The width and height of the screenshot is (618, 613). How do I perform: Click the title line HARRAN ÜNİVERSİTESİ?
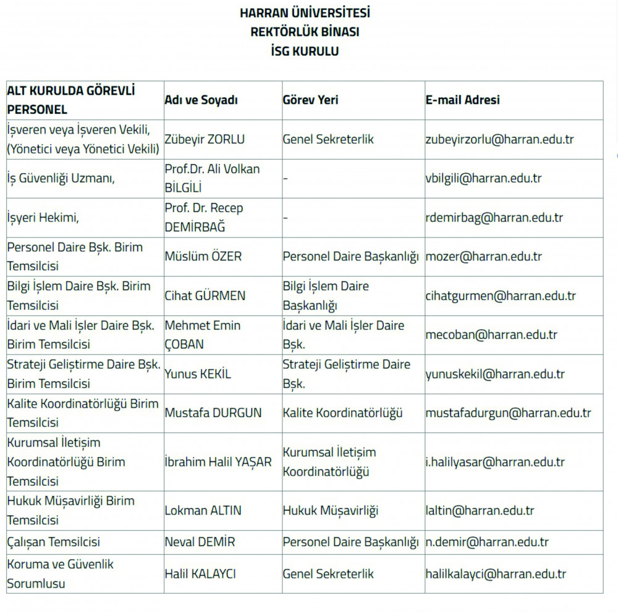(305, 13)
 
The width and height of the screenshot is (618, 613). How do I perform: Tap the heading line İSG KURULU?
(305, 52)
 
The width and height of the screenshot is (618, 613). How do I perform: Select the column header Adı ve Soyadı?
(201, 100)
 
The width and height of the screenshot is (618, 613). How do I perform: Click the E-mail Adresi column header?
(462, 100)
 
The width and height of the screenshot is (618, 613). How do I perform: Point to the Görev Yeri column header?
(310, 100)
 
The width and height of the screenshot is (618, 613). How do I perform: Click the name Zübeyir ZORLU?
(205, 140)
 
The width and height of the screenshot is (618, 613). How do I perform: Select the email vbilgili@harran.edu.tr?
(483, 179)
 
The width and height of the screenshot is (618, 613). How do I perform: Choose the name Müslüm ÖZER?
(203, 257)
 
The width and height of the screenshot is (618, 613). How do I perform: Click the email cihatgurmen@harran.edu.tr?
(501, 296)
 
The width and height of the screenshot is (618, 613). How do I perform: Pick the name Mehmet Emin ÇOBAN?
(202, 335)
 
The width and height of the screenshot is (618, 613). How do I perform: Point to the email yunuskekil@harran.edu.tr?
(494, 374)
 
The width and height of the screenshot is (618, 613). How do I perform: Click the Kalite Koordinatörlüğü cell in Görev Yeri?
(342, 413)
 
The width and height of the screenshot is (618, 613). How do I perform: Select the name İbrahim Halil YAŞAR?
(218, 462)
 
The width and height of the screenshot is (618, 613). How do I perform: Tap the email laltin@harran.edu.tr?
(480, 511)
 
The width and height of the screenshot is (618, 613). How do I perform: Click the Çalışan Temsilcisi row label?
(53, 542)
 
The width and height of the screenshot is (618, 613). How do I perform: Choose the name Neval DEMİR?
(200, 542)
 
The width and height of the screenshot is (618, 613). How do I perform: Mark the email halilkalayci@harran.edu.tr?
(496, 574)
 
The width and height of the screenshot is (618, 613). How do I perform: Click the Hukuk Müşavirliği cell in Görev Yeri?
(330, 511)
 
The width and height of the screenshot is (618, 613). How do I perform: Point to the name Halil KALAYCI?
(200, 574)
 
